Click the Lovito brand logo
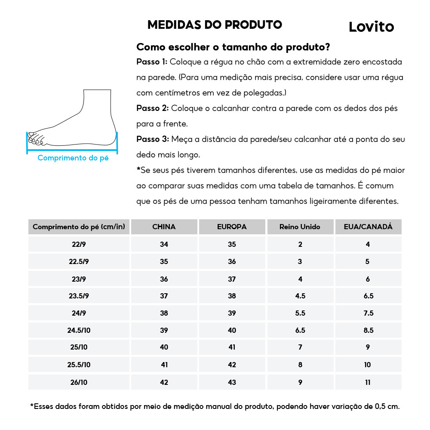371,27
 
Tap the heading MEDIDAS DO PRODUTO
215,25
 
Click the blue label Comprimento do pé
73,158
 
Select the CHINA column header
164,227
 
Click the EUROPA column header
232,227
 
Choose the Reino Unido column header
300,227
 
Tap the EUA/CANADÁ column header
368,227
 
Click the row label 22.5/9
79,261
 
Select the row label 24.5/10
79,330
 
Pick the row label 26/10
79,382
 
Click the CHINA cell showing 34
164,244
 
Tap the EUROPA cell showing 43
232,382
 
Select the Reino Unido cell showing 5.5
300,313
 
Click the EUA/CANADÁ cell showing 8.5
368,330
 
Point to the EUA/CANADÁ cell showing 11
368,382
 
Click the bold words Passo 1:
152,62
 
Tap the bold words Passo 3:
153,139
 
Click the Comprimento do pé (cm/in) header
79,227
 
